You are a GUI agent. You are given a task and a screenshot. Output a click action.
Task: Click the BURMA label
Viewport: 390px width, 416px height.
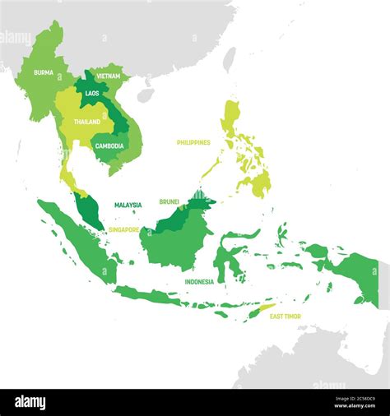(x=44, y=72)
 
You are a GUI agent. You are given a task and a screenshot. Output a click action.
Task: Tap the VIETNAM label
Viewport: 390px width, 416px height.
(x=108, y=76)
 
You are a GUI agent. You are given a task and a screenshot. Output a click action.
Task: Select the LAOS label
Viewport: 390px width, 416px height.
(x=91, y=94)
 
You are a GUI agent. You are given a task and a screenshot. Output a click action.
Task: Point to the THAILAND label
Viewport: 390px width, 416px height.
(x=86, y=122)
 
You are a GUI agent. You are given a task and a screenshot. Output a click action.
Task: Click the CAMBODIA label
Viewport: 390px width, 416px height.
(x=109, y=146)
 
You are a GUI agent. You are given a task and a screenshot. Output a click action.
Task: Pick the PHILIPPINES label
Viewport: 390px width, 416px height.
(x=193, y=142)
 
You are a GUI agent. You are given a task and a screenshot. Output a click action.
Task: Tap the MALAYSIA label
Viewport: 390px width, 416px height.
(x=128, y=205)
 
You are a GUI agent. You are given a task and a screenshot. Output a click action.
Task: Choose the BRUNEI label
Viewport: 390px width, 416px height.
(x=169, y=201)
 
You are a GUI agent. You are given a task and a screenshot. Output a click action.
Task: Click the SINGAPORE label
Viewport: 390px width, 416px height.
(x=124, y=230)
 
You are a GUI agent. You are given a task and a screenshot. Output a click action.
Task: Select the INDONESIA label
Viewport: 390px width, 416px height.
(x=199, y=281)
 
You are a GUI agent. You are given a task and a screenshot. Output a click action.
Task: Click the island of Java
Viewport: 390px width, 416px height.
(x=156, y=296)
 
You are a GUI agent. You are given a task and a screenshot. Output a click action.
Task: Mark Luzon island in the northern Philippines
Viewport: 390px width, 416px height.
(x=231, y=119)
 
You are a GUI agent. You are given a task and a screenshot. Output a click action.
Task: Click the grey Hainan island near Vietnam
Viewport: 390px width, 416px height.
(x=145, y=95)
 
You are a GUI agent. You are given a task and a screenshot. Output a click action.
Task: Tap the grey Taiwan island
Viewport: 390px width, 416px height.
(x=230, y=58)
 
